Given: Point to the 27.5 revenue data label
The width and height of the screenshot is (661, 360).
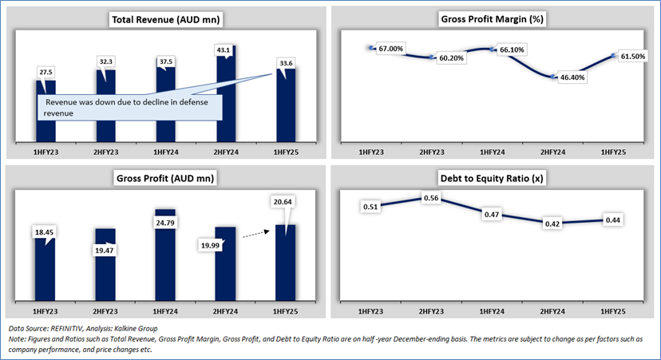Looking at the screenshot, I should tap(46, 72).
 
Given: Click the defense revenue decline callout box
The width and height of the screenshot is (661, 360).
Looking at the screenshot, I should tap(127, 109).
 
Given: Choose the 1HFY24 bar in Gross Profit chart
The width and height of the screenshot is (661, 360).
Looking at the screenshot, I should tap(167, 255).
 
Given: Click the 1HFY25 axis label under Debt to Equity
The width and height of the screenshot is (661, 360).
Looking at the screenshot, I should tap(615, 309).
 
